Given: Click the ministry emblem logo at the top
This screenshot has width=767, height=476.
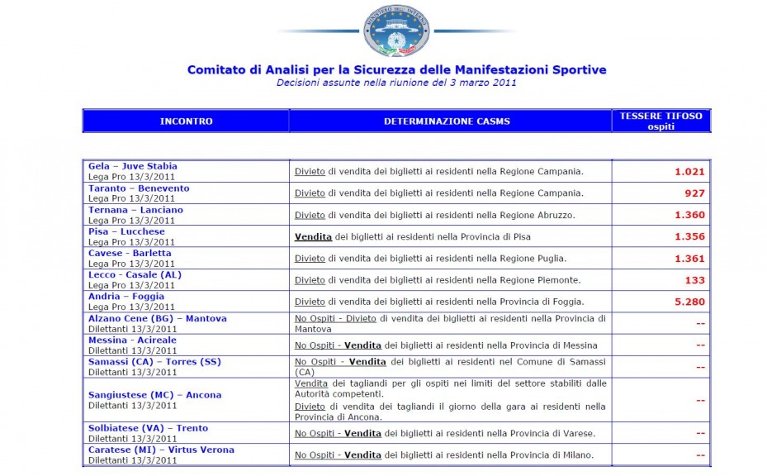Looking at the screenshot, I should click(396, 31).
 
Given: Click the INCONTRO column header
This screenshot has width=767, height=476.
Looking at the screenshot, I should click(186, 121).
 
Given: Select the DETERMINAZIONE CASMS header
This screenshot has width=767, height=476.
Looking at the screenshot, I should click(447, 121).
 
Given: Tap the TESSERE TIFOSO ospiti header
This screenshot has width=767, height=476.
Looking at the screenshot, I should click(660, 121).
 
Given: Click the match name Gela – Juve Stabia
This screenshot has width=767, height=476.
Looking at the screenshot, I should click(132, 166).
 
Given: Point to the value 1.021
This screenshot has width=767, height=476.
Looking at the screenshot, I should click(689, 172).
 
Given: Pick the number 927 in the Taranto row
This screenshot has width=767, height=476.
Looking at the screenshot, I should click(694, 193).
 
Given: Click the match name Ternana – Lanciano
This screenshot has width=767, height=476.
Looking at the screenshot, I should click(135, 210).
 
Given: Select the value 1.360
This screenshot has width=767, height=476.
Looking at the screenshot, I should click(689, 215).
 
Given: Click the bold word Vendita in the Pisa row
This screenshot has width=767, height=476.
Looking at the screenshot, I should click(313, 236).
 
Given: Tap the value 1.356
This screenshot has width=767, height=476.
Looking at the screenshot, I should click(689, 236).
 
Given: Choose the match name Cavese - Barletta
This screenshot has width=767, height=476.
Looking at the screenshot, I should click(130, 253).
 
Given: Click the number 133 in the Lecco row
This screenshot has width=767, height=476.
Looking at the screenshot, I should click(694, 280).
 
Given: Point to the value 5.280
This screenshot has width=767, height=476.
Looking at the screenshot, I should click(689, 302).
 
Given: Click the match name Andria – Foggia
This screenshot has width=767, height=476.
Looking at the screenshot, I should click(126, 296).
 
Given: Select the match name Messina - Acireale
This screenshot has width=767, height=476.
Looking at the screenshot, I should click(132, 340).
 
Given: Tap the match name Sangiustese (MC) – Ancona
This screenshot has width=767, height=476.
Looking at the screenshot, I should click(154, 395).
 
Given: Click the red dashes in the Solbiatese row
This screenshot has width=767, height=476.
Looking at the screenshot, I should click(700, 433).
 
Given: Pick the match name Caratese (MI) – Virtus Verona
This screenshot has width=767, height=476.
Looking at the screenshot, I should click(161, 450).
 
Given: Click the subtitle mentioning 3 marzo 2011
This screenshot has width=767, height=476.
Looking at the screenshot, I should click(396, 83).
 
